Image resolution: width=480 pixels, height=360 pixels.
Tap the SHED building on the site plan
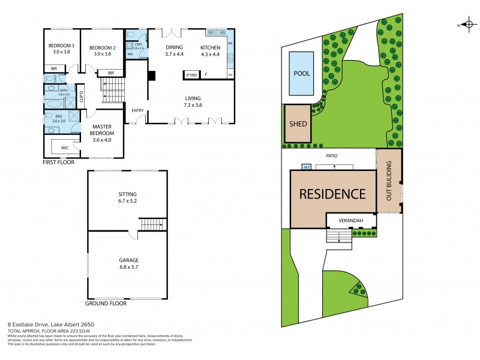coord(298,124)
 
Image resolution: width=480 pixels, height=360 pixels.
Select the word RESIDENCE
coord(332,194)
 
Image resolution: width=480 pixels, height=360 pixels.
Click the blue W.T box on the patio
coord(306,167)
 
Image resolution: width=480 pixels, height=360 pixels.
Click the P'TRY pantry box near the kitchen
coord(191,75)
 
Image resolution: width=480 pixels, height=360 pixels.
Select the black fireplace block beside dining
coord(152,75)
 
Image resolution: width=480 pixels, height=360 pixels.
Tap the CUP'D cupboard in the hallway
coord(81,96)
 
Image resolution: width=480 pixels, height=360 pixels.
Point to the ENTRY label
coord(137,110)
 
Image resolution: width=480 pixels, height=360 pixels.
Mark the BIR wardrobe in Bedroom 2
coord(110,73)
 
